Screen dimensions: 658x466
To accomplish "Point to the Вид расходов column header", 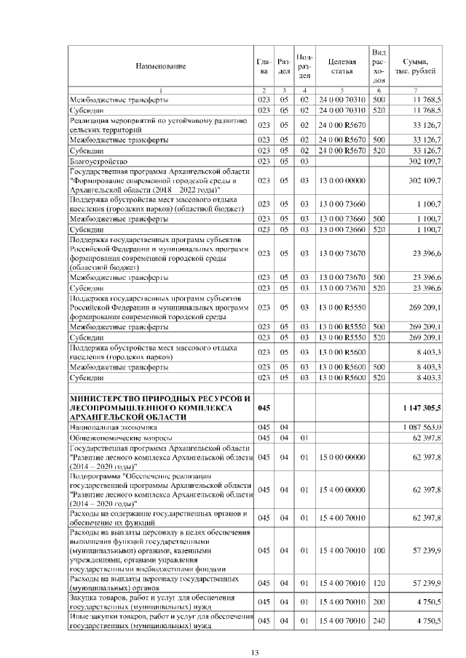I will [x=378, y=66].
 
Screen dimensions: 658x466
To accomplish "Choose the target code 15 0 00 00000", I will [x=339, y=457].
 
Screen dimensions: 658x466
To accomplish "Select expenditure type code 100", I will [x=378, y=552].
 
